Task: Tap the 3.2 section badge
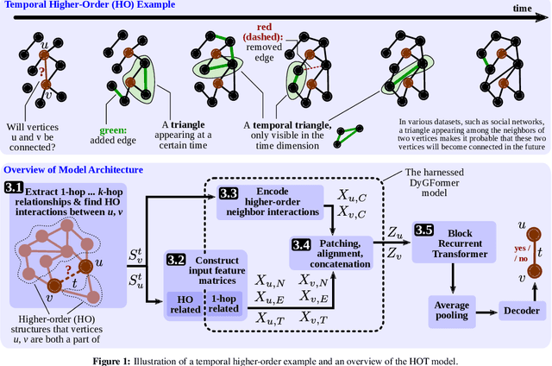pyautogui.click(x=176, y=258)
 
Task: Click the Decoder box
pyautogui.click(x=522, y=311)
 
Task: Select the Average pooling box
pyautogui.click(x=453, y=309)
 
